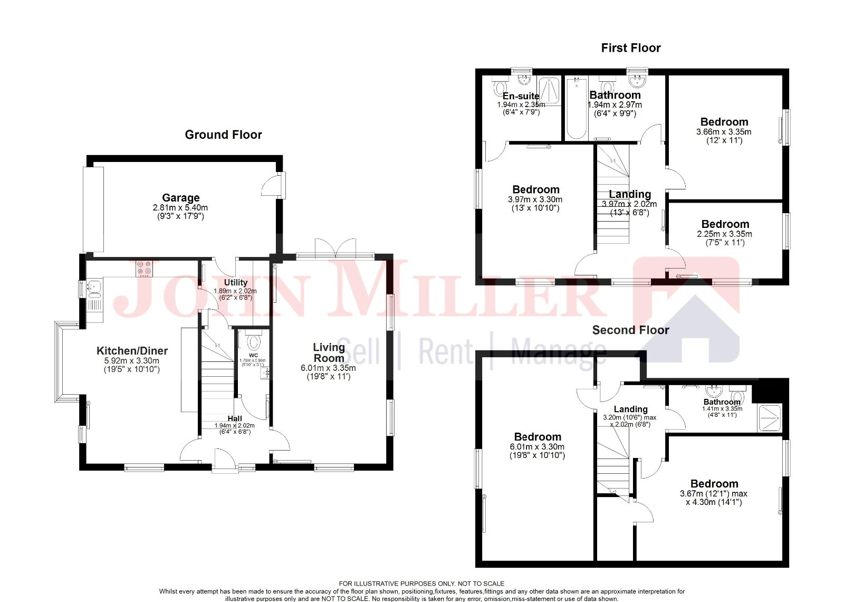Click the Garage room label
[x=180, y=198]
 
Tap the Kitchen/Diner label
[x=132, y=351]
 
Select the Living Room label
[x=329, y=352]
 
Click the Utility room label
[x=235, y=282]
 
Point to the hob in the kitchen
[x=144, y=269]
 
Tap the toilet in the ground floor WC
[x=254, y=342]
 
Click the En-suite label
[x=521, y=96]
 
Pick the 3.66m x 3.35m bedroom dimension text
[x=724, y=132]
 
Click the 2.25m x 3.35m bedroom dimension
[x=725, y=234]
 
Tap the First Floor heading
[x=631, y=48]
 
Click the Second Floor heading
[x=630, y=330]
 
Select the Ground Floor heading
[x=223, y=135]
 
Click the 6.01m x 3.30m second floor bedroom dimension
[x=537, y=446]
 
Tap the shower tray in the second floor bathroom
[x=769, y=418]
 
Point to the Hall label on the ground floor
[x=235, y=418]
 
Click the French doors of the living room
[x=335, y=248]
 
